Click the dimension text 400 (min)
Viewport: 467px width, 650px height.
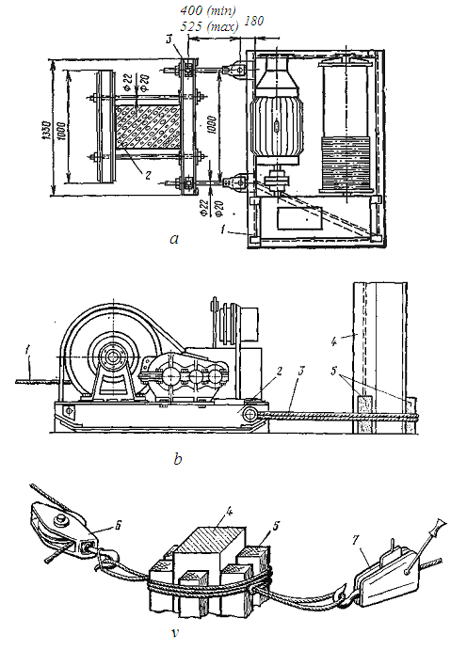(208, 10)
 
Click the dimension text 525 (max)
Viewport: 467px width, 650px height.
(209, 26)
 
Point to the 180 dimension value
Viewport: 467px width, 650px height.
(254, 21)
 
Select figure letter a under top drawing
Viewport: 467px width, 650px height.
(174, 239)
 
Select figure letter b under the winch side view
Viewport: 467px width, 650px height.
(178, 459)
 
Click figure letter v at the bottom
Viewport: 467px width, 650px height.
(175, 633)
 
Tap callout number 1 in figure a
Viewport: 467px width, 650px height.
(223, 230)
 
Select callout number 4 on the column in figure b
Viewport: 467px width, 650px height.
(334, 341)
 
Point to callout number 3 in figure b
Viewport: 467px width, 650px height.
(300, 371)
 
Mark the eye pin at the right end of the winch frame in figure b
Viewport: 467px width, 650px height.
(250, 414)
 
